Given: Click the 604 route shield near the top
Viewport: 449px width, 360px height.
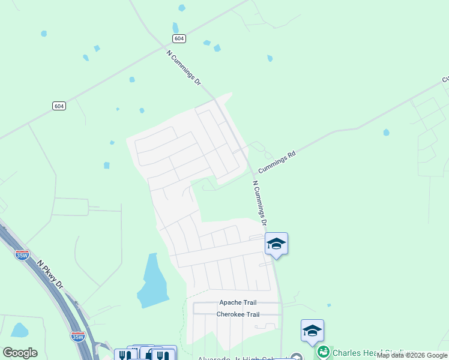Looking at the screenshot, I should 179,38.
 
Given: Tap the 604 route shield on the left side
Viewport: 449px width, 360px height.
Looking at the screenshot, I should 58,106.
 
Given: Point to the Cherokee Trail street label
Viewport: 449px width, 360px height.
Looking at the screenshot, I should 238,314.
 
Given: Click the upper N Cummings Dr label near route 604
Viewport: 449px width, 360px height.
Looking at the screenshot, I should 184,67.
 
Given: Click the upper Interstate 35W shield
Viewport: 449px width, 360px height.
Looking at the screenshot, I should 22,255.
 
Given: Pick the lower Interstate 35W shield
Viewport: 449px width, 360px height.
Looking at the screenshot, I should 78,337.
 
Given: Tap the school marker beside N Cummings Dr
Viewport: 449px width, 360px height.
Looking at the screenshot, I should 276,244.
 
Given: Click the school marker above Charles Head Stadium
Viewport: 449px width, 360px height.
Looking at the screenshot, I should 312,331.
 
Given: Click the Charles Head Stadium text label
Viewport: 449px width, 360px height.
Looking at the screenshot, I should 372,353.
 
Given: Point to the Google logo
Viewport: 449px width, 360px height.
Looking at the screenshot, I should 20,353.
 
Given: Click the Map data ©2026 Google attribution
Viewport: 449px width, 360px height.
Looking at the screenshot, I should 412,356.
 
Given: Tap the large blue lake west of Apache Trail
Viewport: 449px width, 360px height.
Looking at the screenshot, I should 152,281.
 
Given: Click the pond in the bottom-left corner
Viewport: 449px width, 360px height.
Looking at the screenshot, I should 19,330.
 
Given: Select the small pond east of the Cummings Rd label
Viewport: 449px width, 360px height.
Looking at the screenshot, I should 386,133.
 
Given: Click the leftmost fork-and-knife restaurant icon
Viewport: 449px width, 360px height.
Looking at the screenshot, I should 122,355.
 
